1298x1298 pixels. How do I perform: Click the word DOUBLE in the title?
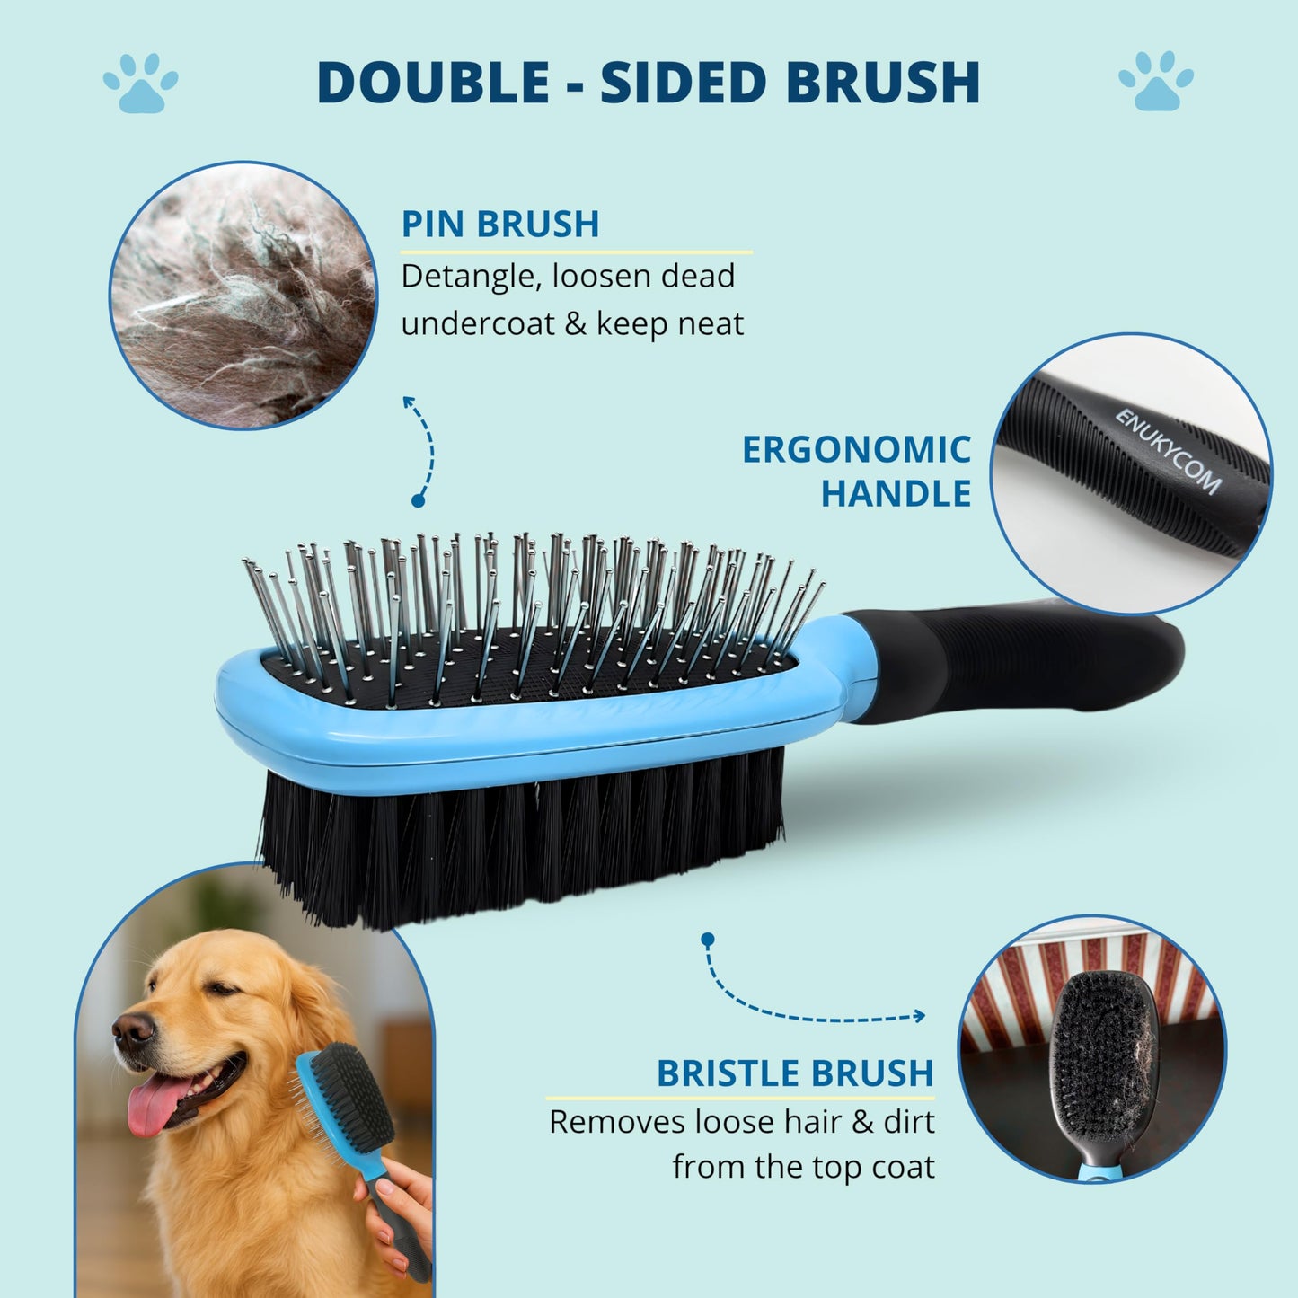tap(433, 82)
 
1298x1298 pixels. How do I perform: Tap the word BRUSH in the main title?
tap(882, 82)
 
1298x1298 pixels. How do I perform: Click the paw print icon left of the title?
tap(141, 82)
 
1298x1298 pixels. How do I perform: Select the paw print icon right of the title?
tap(1156, 81)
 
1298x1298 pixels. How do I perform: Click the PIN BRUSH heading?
tap(499, 224)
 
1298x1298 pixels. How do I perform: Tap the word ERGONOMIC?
tap(856, 449)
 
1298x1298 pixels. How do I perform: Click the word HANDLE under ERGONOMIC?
tap(896, 494)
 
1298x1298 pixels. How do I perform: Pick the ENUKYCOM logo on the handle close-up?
tap(1169, 452)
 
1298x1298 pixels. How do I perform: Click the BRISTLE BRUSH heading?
tap(796, 1073)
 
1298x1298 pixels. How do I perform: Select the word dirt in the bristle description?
tap(908, 1122)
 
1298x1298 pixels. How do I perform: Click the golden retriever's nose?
tap(133, 1028)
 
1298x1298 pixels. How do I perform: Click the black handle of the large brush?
tap(1011, 664)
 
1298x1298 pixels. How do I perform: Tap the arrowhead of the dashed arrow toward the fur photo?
tap(408, 402)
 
